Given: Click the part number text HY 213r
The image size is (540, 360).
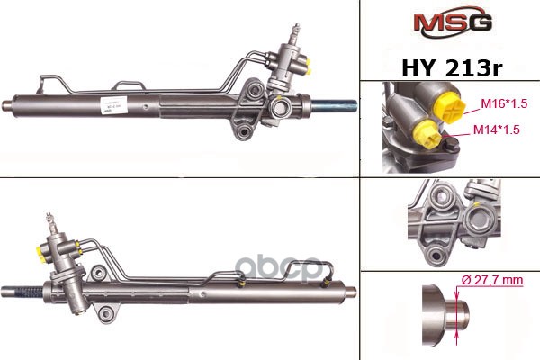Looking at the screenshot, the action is point(452,68).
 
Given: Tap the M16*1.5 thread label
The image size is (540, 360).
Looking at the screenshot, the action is point(504,103).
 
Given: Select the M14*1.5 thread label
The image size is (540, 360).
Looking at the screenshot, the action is point(496,130).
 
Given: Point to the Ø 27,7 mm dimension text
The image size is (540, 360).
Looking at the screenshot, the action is point(492,280).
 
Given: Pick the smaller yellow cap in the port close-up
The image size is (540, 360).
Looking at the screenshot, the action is point(427,135).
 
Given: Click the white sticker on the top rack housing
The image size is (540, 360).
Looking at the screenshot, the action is point(113,105).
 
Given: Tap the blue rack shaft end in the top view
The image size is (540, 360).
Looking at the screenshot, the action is point(334,106).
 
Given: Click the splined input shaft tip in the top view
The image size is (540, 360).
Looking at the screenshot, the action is point(296,30).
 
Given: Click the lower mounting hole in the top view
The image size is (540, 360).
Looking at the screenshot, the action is point(245,130).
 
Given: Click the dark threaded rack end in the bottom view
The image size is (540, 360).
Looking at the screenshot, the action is point(29,292).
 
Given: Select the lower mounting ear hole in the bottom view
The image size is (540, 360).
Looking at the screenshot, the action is point(105,314).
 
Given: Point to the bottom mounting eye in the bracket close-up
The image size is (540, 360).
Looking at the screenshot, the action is point(436,256).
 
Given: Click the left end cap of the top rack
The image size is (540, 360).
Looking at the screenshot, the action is point(7,104).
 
